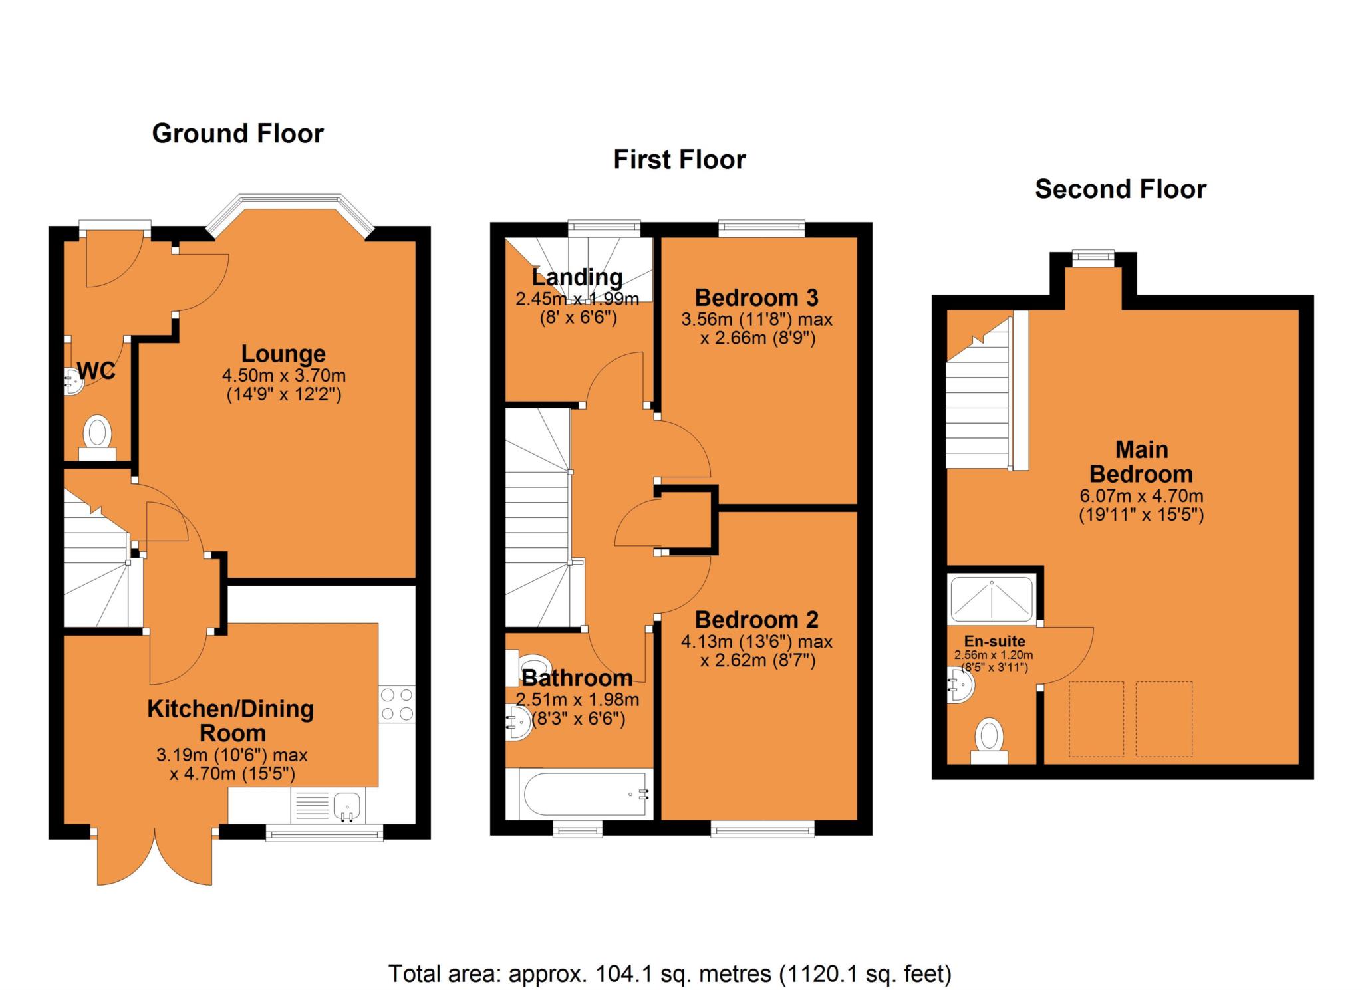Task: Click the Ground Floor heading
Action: point(237,134)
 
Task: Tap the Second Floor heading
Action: point(1120,189)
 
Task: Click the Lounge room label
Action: point(283,354)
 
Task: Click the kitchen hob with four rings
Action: point(396,704)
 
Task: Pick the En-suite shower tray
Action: point(992,598)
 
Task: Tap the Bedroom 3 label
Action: point(756,297)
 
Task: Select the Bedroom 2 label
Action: point(756,620)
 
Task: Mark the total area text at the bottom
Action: point(670,973)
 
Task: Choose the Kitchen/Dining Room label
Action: point(230,721)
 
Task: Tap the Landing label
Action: point(577,277)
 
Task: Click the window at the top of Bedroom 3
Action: point(761,229)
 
